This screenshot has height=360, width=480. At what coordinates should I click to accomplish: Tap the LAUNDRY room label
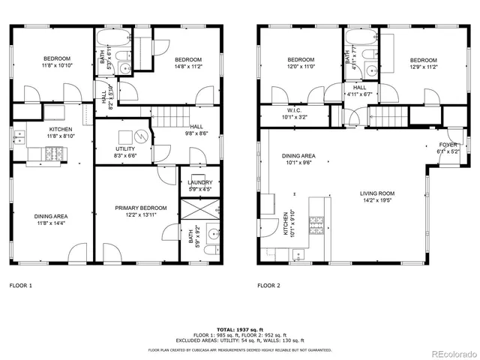[200, 182]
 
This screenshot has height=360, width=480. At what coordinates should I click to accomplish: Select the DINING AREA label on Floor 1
[50, 217]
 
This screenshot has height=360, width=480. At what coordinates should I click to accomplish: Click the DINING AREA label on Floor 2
[298, 156]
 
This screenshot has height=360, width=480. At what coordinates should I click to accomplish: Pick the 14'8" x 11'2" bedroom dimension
[187, 66]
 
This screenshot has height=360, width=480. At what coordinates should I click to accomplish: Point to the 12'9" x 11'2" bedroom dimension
[423, 67]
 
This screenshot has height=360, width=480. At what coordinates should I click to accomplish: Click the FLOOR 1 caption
[21, 286]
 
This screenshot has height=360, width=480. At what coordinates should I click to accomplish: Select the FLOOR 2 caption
[269, 286]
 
